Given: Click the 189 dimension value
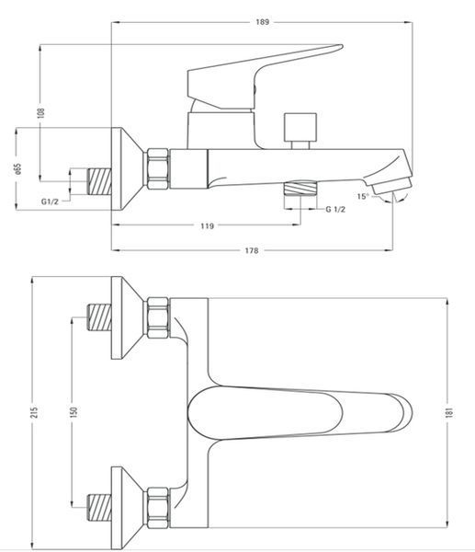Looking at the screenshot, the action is click(x=262, y=22).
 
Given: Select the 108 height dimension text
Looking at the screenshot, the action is click(x=41, y=112).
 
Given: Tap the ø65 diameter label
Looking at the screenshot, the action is click(x=18, y=169).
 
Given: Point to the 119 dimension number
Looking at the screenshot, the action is click(x=207, y=225).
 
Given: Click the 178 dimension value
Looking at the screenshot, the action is click(x=252, y=250).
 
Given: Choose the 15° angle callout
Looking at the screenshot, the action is click(x=363, y=196).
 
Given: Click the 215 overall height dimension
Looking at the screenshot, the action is click(x=34, y=412).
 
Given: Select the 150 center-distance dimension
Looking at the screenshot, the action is click(x=74, y=412).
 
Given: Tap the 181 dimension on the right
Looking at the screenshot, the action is click(x=449, y=412).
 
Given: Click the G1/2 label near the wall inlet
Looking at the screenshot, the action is click(x=50, y=201).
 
